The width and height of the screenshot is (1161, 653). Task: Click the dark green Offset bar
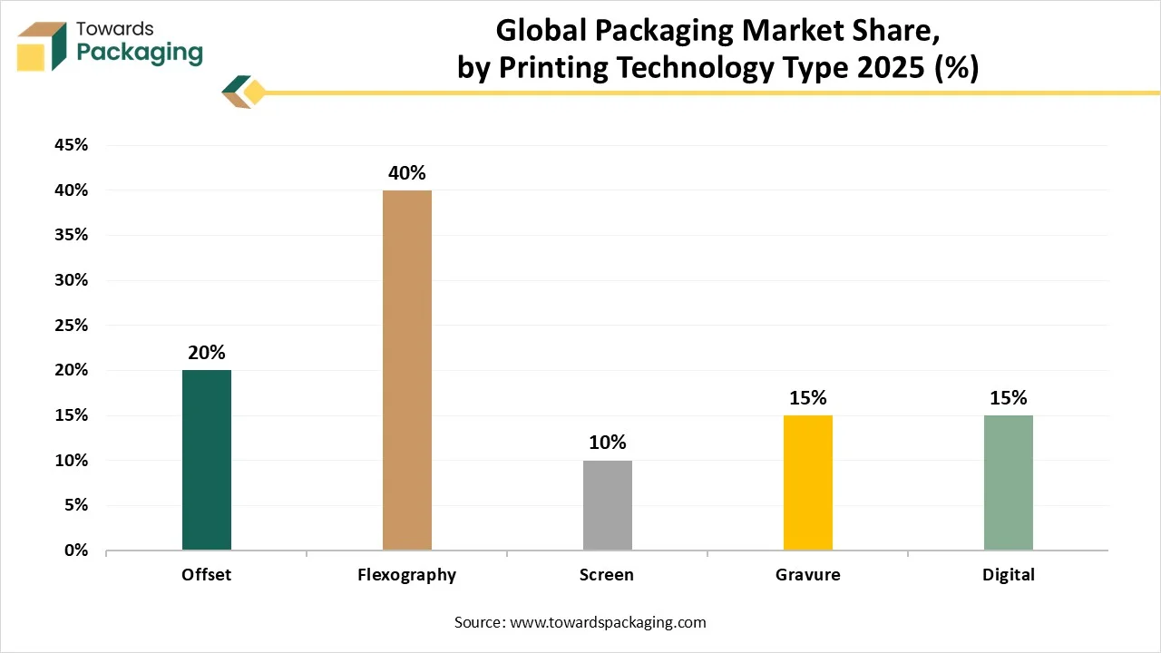[x=207, y=460]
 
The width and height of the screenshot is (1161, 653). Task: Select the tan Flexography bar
[x=407, y=370]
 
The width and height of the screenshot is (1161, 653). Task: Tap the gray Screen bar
[x=608, y=505]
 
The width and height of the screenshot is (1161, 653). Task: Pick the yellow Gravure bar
[x=808, y=482]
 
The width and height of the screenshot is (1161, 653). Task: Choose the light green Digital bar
[x=1009, y=482]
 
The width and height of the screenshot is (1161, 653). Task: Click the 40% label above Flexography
[x=407, y=173]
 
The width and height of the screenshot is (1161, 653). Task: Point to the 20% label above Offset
[x=207, y=353]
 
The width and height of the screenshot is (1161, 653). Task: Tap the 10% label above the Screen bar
[x=608, y=443]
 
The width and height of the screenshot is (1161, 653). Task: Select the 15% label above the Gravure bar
[x=808, y=398]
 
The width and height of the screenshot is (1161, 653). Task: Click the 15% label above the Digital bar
[x=1009, y=398]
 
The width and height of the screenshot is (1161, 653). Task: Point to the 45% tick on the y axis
[x=70, y=145]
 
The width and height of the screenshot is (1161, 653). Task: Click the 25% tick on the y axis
[x=70, y=326]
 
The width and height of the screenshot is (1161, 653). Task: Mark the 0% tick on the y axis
[x=75, y=551]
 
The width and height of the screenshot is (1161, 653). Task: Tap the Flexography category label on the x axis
[x=407, y=575]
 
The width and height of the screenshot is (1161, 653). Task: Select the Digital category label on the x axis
[x=1009, y=575]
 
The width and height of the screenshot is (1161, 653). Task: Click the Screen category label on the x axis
[x=608, y=575]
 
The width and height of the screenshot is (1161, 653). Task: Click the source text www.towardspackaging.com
[x=608, y=622]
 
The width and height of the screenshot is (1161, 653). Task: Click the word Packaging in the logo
[x=140, y=53]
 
